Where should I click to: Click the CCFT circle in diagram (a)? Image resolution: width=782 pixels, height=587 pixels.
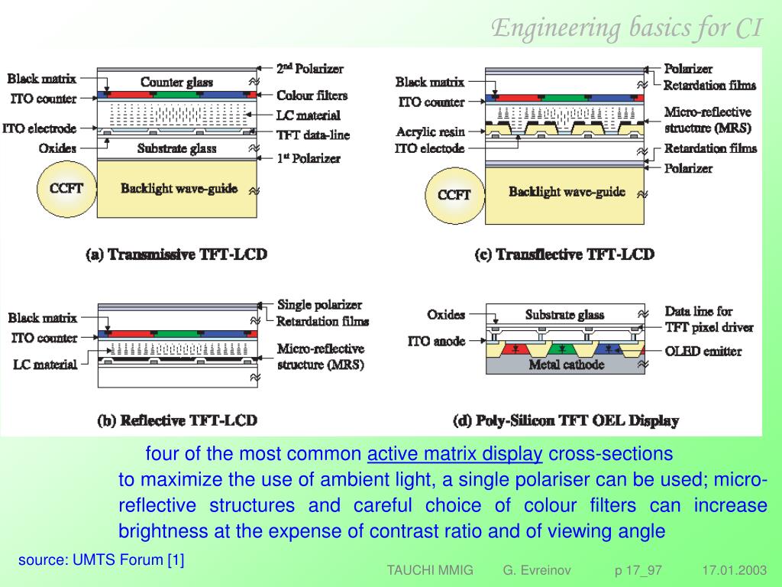[66, 190]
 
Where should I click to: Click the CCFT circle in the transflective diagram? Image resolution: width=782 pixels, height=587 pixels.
[454, 195]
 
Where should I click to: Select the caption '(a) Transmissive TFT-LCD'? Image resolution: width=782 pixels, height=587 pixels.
[176, 254]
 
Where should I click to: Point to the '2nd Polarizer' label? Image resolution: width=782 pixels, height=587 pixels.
[309, 69]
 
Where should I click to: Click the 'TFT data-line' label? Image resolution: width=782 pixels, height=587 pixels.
[313, 135]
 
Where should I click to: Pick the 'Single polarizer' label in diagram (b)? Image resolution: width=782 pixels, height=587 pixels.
[319, 305]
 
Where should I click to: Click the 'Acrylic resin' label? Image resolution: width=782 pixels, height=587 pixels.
[430, 131]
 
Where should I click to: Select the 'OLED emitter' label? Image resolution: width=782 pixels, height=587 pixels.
[703, 351]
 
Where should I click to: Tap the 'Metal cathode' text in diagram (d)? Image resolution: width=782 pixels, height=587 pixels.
[566, 365]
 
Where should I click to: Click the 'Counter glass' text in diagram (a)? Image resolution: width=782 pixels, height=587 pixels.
[176, 82]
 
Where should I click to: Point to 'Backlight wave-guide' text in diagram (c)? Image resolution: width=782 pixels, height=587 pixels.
[567, 191]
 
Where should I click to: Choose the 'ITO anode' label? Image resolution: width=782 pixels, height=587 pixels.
[436, 341]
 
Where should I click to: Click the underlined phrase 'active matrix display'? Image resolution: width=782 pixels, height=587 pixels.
[454, 454]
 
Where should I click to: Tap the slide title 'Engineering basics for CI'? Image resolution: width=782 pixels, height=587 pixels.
[626, 28]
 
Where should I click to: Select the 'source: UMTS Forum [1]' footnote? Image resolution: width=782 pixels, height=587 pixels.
[102, 560]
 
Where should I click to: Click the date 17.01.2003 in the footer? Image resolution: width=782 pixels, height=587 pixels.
[734, 571]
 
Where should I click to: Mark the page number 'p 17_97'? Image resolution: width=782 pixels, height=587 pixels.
[638, 571]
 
